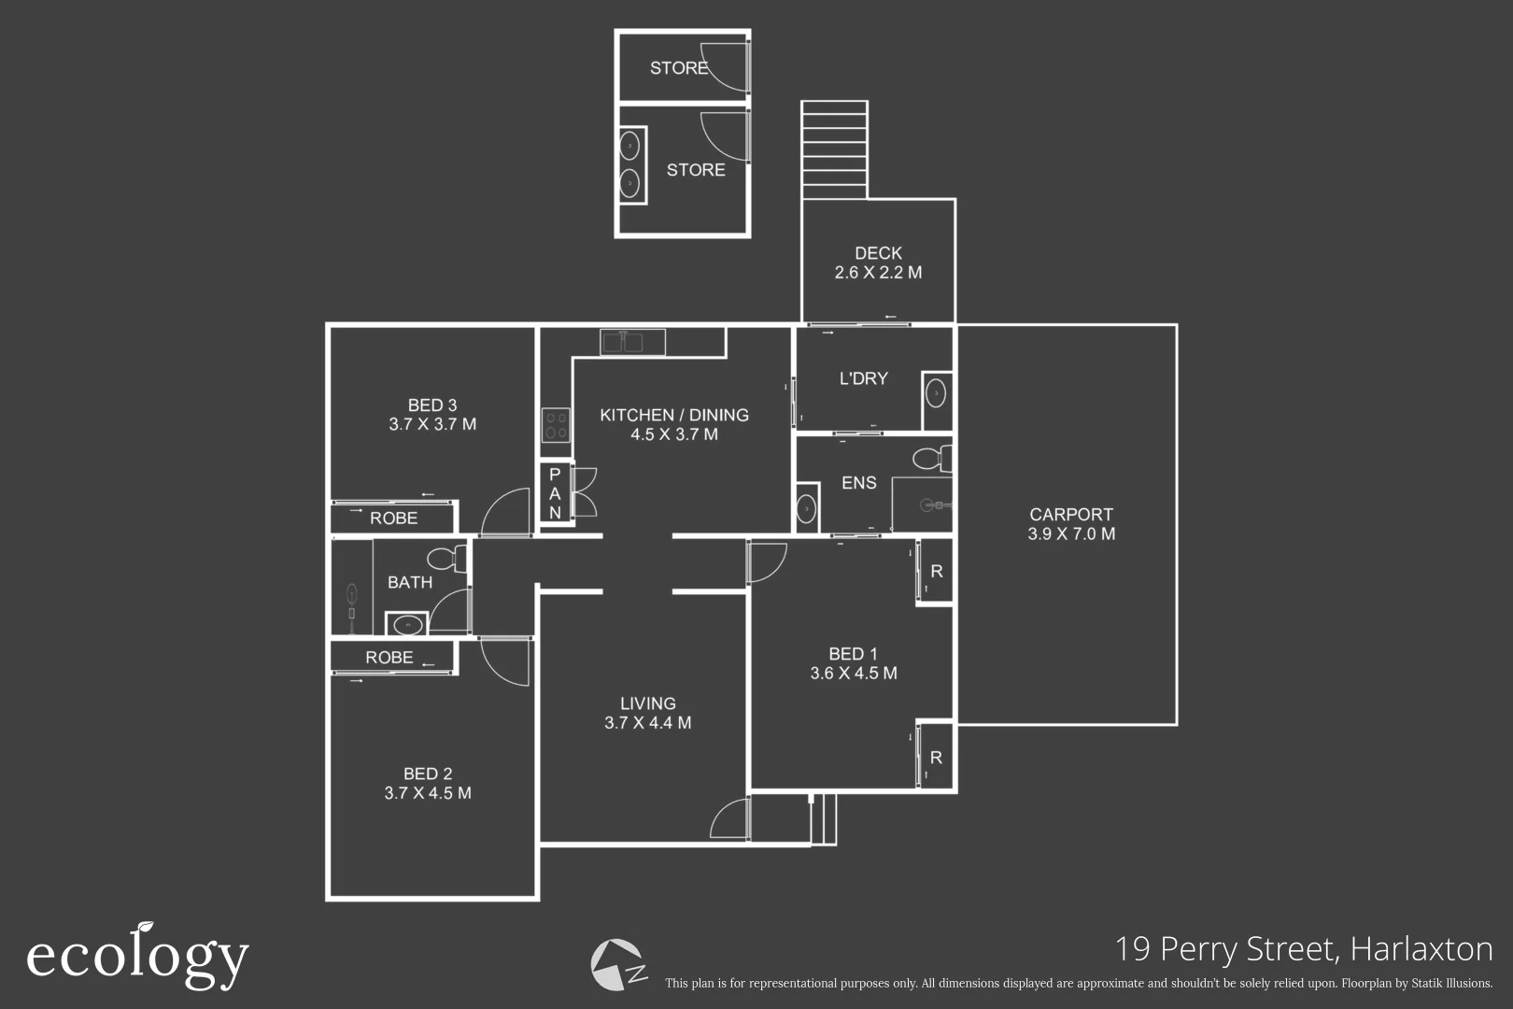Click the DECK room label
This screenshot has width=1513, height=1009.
click(x=878, y=253)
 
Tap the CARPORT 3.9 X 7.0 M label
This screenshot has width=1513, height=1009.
click(x=1070, y=524)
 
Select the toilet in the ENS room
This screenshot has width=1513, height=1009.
click(x=930, y=459)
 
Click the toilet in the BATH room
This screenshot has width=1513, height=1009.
click(x=446, y=560)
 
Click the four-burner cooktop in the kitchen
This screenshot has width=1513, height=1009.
click(x=556, y=426)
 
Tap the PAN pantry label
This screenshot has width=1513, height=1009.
click(x=555, y=493)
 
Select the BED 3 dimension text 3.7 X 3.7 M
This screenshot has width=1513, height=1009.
click(x=432, y=424)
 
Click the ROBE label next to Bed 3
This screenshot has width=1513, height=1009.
click(x=393, y=519)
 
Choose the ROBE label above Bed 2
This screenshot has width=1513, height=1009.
click(x=389, y=658)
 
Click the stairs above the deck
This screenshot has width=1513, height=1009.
click(x=834, y=149)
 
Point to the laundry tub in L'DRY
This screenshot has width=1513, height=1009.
click(x=936, y=394)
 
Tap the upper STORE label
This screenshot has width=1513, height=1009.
click(x=679, y=68)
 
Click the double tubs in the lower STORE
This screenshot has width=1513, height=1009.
click(x=631, y=165)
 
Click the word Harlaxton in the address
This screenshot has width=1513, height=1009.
click(x=1421, y=949)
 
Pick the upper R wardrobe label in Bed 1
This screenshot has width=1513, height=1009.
click(x=936, y=571)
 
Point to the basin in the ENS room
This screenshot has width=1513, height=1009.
click(x=806, y=510)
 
